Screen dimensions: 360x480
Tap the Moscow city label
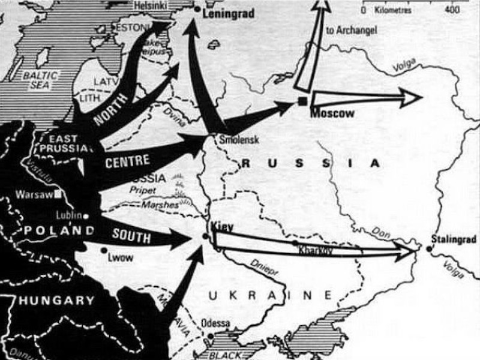(332, 113)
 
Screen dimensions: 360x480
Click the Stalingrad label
(453, 239)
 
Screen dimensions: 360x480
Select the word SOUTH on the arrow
(131, 236)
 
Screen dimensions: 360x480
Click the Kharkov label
(314, 250)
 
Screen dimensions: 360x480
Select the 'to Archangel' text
(351, 31)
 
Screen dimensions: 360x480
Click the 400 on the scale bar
(453, 10)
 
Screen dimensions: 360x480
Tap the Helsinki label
(145, 4)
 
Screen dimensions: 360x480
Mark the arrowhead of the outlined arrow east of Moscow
(410, 97)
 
